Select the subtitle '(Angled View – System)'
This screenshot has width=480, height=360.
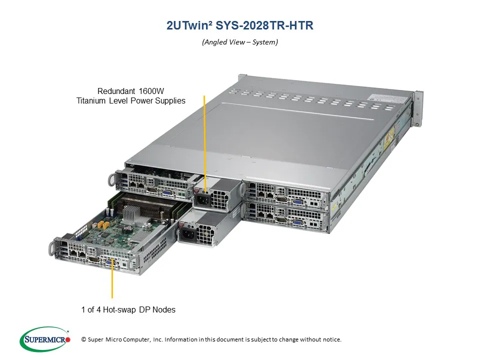240,42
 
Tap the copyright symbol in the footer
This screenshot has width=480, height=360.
84,339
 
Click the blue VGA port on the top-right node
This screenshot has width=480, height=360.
298,202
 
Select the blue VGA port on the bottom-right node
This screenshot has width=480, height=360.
298,223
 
